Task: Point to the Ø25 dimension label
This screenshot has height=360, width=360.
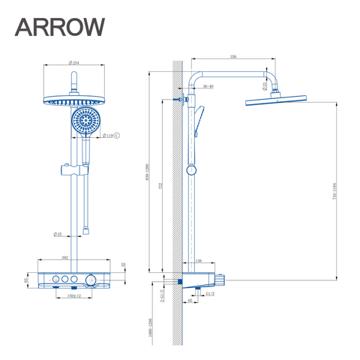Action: pos(57,233)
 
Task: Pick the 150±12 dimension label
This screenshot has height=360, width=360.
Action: pos(70,297)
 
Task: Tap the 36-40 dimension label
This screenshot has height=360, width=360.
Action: pos(208,87)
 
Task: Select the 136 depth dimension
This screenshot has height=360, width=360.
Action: pos(198,261)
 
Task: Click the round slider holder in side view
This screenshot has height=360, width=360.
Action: pos(192,170)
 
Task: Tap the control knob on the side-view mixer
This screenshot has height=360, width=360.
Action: pos(221,279)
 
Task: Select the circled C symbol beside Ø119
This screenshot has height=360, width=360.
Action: pos(116,136)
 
